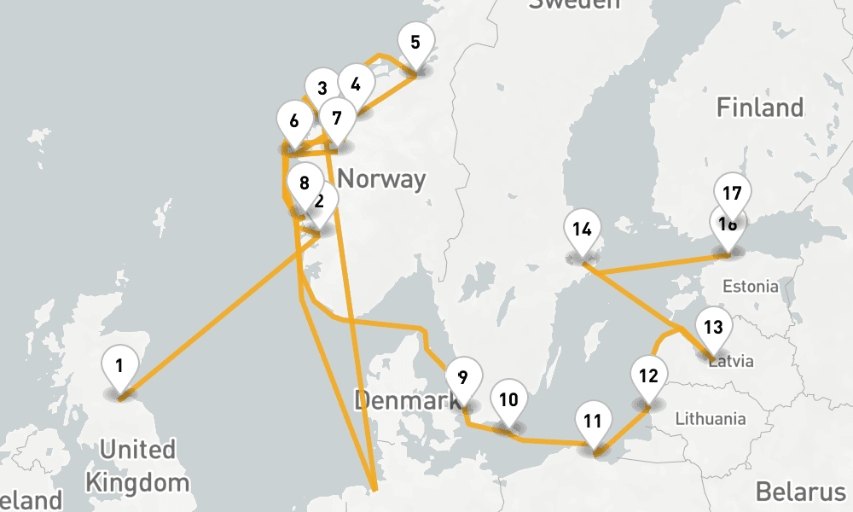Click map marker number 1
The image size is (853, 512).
[119, 367]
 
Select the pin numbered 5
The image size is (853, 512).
[415, 43]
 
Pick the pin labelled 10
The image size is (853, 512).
[508, 400]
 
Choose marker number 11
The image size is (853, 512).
[594, 421]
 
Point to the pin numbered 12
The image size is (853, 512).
[648, 376]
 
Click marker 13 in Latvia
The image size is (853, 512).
[713, 328]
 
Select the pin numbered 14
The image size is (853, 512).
[583, 230]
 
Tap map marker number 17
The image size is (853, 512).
[731, 194]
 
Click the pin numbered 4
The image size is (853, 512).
[356, 84]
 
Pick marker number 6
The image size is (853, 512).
[294, 121]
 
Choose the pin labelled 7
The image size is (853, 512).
[337, 119]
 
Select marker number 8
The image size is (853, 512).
[305, 183]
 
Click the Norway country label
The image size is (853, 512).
[381, 179]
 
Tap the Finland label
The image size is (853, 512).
[759, 108]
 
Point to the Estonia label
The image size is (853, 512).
[750, 286]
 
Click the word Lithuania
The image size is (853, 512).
[710, 419]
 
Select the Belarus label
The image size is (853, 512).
[799, 492]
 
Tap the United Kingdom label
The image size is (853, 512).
[137, 465]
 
